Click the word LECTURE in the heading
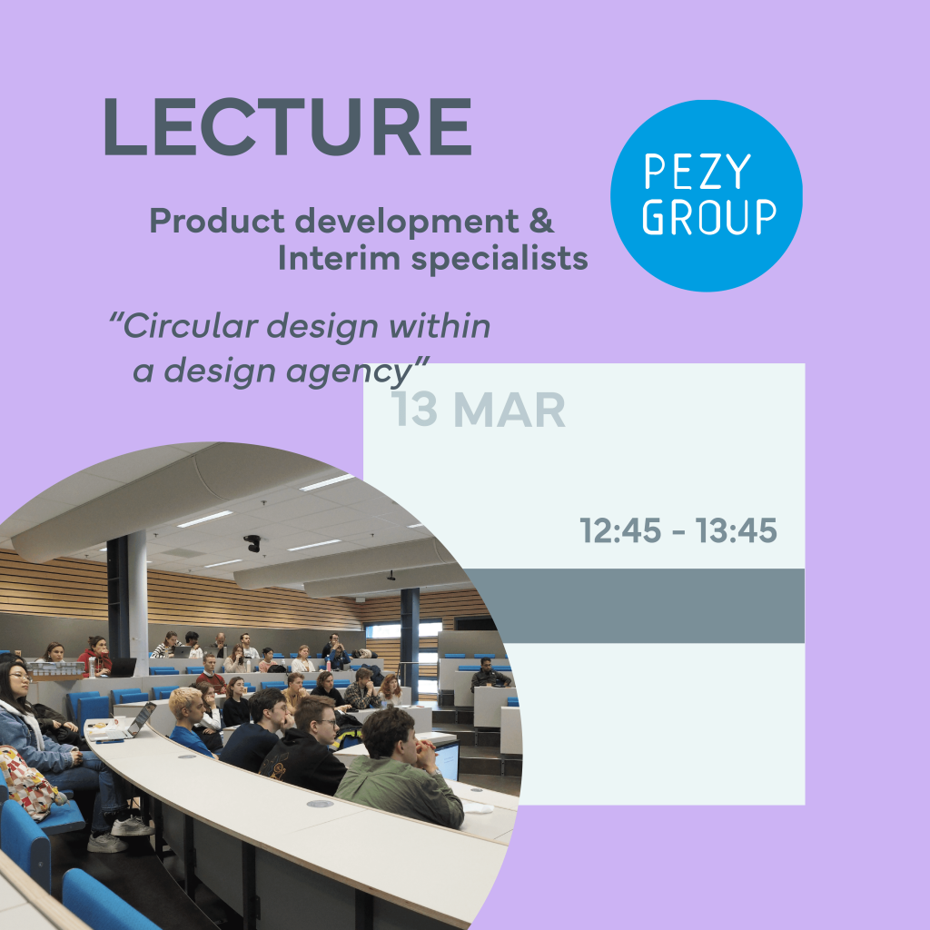click(x=288, y=126)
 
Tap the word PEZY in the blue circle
click(x=697, y=172)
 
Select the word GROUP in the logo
click(x=709, y=216)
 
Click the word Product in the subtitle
click(x=216, y=221)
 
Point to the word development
click(x=407, y=222)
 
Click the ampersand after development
click(x=541, y=220)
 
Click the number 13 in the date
click(x=414, y=410)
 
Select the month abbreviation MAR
click(x=510, y=410)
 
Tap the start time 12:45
click(x=620, y=530)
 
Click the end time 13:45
click(x=736, y=530)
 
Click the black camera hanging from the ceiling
click(x=252, y=543)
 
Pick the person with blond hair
click(x=190, y=721)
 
